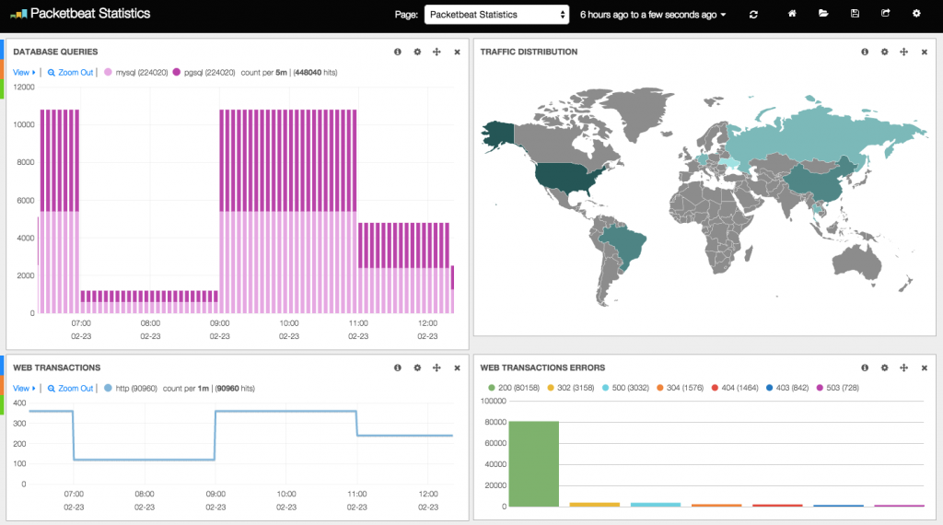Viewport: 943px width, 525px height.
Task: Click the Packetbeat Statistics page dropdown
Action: pyautogui.click(x=496, y=15)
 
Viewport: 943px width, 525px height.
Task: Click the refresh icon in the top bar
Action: pyautogui.click(x=753, y=15)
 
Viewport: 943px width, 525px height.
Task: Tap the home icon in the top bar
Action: pyautogui.click(x=792, y=13)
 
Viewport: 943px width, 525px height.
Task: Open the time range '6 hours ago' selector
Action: pyautogui.click(x=653, y=15)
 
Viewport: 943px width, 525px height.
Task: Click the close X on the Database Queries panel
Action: pyautogui.click(x=457, y=52)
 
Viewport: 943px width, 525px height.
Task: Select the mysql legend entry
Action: pyautogui.click(x=136, y=72)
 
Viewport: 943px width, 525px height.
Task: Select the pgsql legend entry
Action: pyautogui.click(x=204, y=72)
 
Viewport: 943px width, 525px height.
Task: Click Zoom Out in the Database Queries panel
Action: pyautogui.click(x=70, y=72)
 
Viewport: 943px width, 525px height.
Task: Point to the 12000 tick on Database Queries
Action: pyautogui.click(x=24, y=87)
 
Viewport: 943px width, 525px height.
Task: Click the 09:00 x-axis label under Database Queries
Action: pyautogui.click(x=219, y=323)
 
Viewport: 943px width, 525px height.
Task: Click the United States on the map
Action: pyautogui.click(x=569, y=178)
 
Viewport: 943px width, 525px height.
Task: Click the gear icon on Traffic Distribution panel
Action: pyautogui.click(x=884, y=52)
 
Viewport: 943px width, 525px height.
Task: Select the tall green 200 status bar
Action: pyautogui.click(x=534, y=463)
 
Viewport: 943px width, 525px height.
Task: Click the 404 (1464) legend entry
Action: pyautogui.click(x=735, y=388)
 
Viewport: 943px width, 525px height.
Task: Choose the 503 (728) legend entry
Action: pyautogui.click(x=838, y=388)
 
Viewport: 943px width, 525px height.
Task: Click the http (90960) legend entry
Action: pyautogui.click(x=131, y=389)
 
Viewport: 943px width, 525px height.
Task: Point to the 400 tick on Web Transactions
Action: pyautogui.click(x=20, y=402)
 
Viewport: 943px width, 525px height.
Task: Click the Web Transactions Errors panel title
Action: pyautogui.click(x=542, y=367)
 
